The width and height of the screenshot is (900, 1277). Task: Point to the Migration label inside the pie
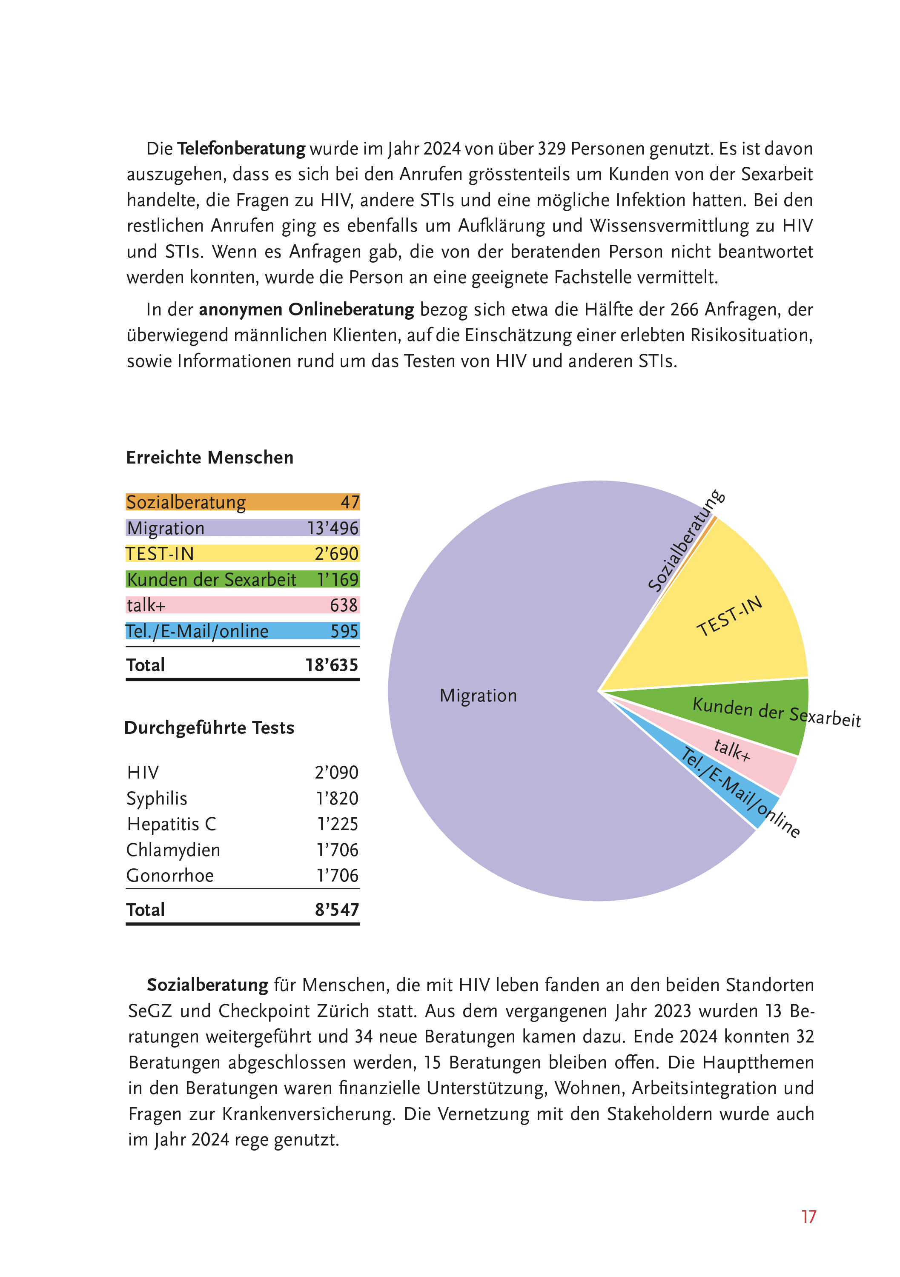(x=478, y=696)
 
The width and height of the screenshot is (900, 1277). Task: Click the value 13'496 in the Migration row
(x=332, y=528)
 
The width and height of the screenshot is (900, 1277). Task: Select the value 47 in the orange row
(x=350, y=502)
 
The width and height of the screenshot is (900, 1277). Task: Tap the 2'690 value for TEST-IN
(x=336, y=554)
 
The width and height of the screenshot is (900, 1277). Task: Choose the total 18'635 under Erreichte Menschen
(x=332, y=665)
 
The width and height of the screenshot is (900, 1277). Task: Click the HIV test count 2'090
(x=336, y=773)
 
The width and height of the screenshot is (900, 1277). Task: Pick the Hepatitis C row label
(x=171, y=824)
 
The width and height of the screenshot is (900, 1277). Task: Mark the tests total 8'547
(x=336, y=910)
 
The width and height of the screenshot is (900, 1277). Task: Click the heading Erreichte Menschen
(x=210, y=458)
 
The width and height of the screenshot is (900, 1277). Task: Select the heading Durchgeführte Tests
(x=209, y=728)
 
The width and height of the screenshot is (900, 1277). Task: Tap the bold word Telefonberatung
(x=241, y=149)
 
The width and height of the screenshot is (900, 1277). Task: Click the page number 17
(x=808, y=1217)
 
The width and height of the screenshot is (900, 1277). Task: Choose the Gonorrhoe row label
(x=169, y=876)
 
